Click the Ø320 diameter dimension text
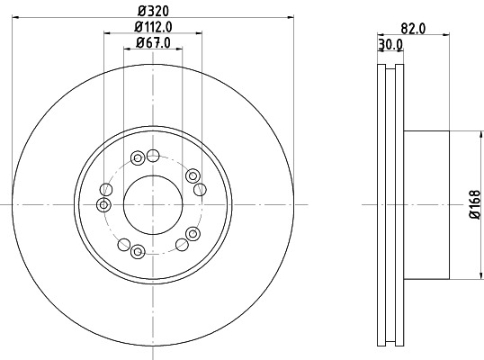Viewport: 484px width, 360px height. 153,11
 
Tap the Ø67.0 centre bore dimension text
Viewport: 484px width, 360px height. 153,42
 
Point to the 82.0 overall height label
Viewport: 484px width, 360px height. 412,28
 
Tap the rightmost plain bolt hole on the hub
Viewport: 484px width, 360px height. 200,188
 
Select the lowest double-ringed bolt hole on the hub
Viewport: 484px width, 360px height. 139,250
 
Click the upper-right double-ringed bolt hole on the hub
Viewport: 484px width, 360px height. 193,175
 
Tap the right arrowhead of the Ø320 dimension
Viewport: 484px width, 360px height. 292,17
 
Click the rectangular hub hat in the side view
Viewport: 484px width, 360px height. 426,205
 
